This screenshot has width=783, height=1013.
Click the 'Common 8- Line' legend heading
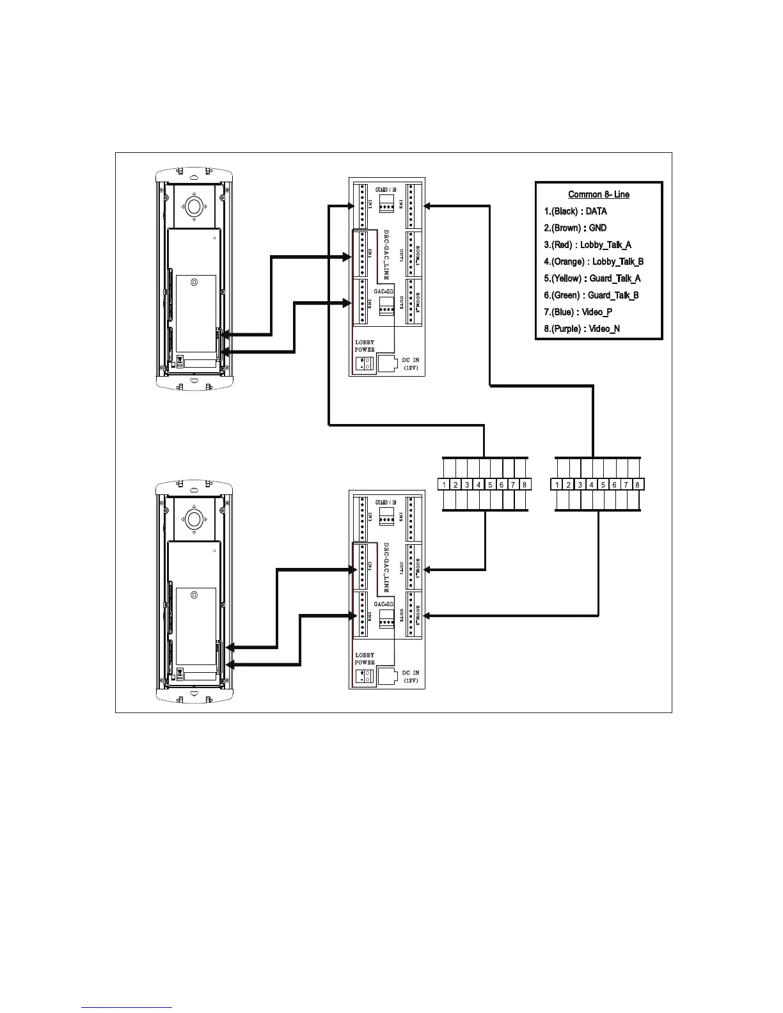(x=598, y=194)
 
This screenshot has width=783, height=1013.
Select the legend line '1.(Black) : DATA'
(x=575, y=211)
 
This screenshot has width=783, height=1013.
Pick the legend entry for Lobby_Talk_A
(x=587, y=245)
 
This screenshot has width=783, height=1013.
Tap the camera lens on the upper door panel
(x=194, y=206)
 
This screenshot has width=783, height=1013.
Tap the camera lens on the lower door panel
(x=194, y=519)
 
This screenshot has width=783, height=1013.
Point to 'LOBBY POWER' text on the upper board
(x=365, y=346)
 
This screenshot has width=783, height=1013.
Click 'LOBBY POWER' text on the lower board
(x=365, y=659)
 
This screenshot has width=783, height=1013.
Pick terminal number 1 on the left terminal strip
(x=444, y=485)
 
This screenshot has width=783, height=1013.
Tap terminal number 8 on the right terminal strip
(x=637, y=485)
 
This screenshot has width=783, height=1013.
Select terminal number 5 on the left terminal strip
(x=490, y=485)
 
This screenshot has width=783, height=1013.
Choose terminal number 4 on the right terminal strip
(x=592, y=485)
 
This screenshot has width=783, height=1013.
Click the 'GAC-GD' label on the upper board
(x=384, y=291)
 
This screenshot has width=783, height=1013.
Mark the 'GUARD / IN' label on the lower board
(x=386, y=503)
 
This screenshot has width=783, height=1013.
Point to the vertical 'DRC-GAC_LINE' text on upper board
(x=386, y=255)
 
